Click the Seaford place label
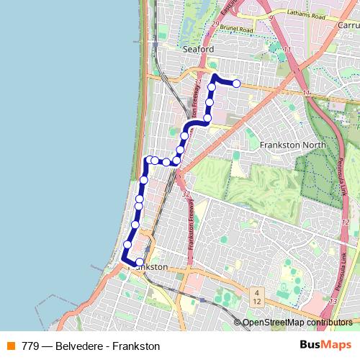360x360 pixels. tap(199, 49)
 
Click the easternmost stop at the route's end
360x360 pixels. tap(236, 84)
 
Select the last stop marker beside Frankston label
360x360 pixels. tap(140, 262)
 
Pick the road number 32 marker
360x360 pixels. tap(186, 194)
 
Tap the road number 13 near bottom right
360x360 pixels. tap(333, 300)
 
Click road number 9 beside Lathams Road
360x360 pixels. tap(270, 15)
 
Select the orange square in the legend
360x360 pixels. tap(11, 346)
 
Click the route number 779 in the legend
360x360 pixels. tap(31, 346)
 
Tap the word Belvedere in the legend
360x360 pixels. tap(80, 346)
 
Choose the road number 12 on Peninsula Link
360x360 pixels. tap(345, 222)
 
